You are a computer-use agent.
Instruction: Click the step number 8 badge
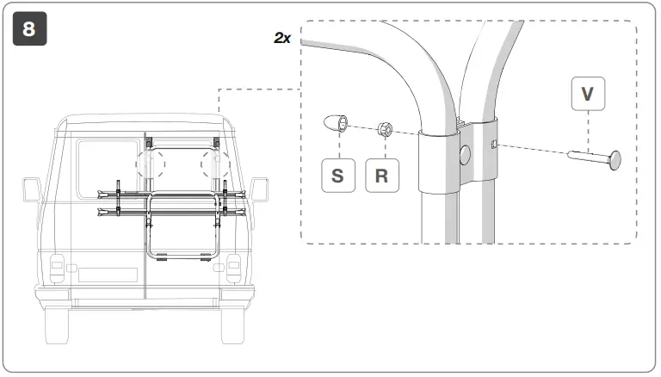29,29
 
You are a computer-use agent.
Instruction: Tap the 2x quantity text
282,40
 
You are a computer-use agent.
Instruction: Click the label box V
587,93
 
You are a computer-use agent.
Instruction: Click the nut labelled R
386,130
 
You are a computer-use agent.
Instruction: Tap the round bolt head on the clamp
466,155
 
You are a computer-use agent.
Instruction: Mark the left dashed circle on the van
151,163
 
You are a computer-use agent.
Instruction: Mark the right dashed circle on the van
214,163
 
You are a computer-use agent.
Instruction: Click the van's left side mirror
32,189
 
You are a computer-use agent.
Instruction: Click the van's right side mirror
259,189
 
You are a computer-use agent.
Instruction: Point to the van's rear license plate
109,275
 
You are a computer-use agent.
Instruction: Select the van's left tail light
58,269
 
